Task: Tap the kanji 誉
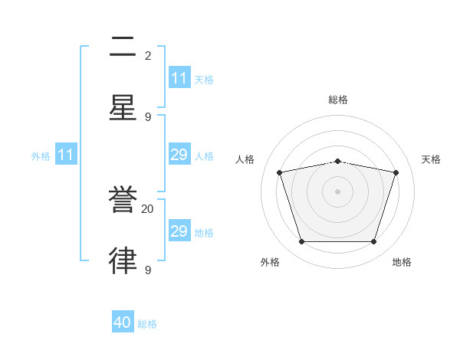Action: click(x=123, y=200)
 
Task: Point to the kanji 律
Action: click(x=123, y=260)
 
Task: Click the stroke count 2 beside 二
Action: click(x=148, y=55)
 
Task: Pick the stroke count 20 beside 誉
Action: click(x=148, y=208)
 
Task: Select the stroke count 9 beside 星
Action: click(x=148, y=116)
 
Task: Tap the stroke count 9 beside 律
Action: click(x=148, y=270)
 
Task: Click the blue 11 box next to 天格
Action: click(x=179, y=78)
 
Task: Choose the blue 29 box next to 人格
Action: click(x=179, y=155)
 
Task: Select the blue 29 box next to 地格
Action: click(x=179, y=231)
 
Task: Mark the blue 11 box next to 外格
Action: click(x=66, y=155)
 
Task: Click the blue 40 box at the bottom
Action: click(x=123, y=323)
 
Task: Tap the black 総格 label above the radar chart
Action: click(x=338, y=100)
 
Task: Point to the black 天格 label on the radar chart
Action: click(x=431, y=159)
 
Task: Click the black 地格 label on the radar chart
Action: click(x=402, y=262)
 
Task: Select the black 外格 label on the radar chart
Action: click(x=270, y=262)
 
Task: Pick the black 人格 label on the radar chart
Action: click(x=245, y=159)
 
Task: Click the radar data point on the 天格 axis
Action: click(x=396, y=172)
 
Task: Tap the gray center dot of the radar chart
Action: click(x=337, y=191)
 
